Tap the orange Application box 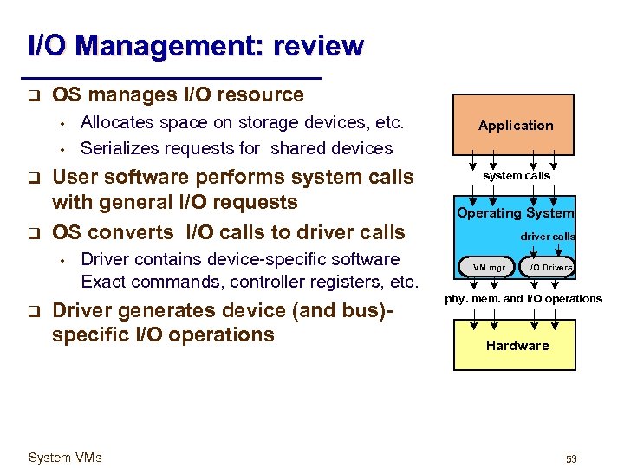(515, 125)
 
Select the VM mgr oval (488, 267)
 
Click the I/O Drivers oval (550, 267)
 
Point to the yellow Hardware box (517, 345)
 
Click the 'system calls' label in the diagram (517, 175)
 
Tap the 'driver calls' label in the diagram (547, 236)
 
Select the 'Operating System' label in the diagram (516, 213)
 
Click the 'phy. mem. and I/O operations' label (523, 299)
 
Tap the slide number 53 (571, 458)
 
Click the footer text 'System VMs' (65, 458)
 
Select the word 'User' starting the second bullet (76, 177)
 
